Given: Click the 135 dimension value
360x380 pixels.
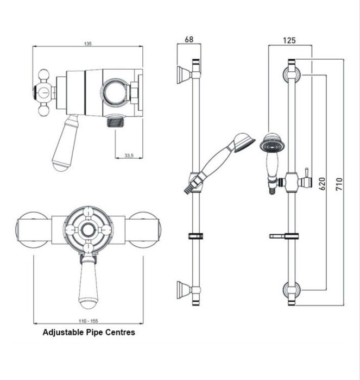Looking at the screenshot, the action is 88,44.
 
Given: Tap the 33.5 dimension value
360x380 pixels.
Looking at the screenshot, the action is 129,155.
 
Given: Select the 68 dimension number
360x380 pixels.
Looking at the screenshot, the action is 189,40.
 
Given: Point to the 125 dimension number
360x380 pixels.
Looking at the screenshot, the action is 289,40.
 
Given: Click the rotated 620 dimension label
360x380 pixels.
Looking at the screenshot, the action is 322,184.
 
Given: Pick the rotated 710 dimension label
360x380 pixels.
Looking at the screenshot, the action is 339,184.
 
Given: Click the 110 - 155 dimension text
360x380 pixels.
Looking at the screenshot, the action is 88,321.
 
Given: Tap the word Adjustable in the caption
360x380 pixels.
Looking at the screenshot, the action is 60,332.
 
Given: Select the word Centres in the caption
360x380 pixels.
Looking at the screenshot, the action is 122,332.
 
